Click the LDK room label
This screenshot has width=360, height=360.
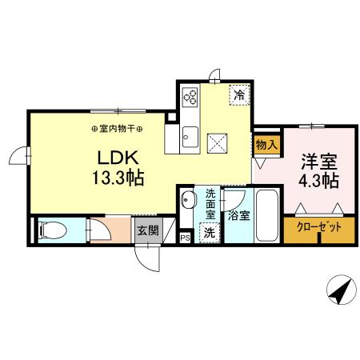pos(115,157)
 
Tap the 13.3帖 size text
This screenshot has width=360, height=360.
pos(115,178)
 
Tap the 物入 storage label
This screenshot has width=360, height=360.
pos(266,146)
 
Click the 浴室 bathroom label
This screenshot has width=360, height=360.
pos(238,214)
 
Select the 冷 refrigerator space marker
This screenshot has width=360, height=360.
pos(239,95)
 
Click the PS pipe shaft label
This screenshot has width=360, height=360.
pos(185,238)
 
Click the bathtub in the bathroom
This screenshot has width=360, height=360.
pos(266,215)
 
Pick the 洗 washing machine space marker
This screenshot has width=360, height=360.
pos(209,233)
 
